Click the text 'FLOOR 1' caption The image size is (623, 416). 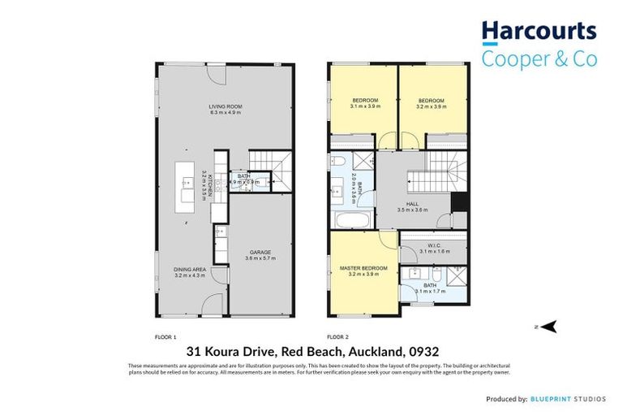[165, 336]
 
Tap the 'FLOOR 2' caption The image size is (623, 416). [337, 336]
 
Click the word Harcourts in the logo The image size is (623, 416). [539, 32]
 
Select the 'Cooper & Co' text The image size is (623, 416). [539, 59]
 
